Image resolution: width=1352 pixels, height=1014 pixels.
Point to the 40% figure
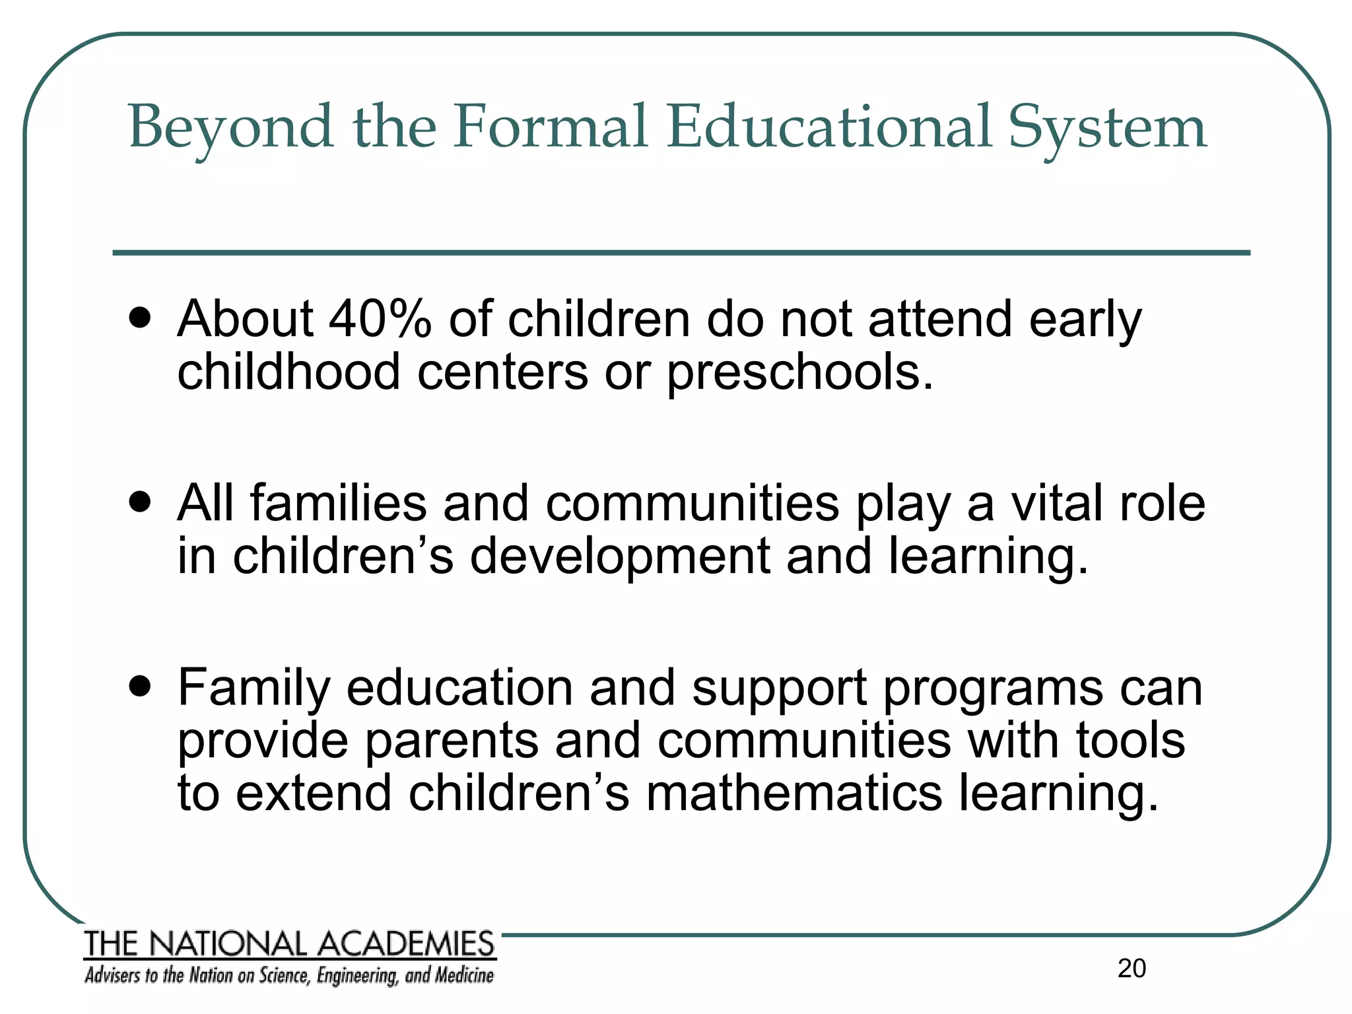pyautogui.click(x=380, y=319)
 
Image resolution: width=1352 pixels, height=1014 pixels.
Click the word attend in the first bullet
pyautogui.click(x=939, y=319)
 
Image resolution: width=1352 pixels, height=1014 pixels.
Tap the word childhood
pyautogui.click(x=288, y=371)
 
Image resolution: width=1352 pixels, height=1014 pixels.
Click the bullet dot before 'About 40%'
pyautogui.click(x=140, y=320)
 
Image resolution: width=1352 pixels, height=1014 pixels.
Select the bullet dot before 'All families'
pyautogui.click(x=140, y=504)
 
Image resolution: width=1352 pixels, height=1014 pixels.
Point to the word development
pyautogui.click(x=619, y=557)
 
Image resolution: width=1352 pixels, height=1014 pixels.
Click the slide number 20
pyautogui.click(x=1132, y=968)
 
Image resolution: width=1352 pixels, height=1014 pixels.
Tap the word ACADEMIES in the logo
pyautogui.click(x=406, y=944)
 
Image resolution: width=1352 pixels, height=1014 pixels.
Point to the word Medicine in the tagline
pyautogui.click(x=463, y=976)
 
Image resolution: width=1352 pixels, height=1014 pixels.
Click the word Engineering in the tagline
pyautogui.click(x=357, y=976)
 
